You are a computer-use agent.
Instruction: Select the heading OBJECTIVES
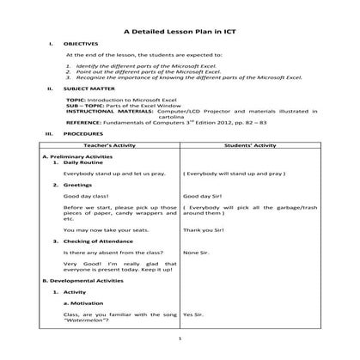(81, 43)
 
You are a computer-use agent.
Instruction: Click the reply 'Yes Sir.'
(193, 314)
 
